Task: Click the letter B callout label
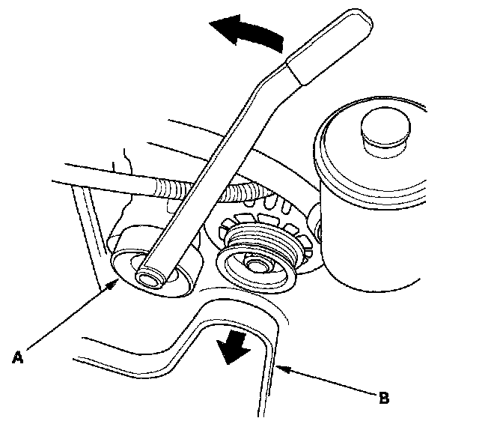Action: point(384,398)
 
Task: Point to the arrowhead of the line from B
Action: point(279,366)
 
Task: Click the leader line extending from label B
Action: point(329,382)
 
